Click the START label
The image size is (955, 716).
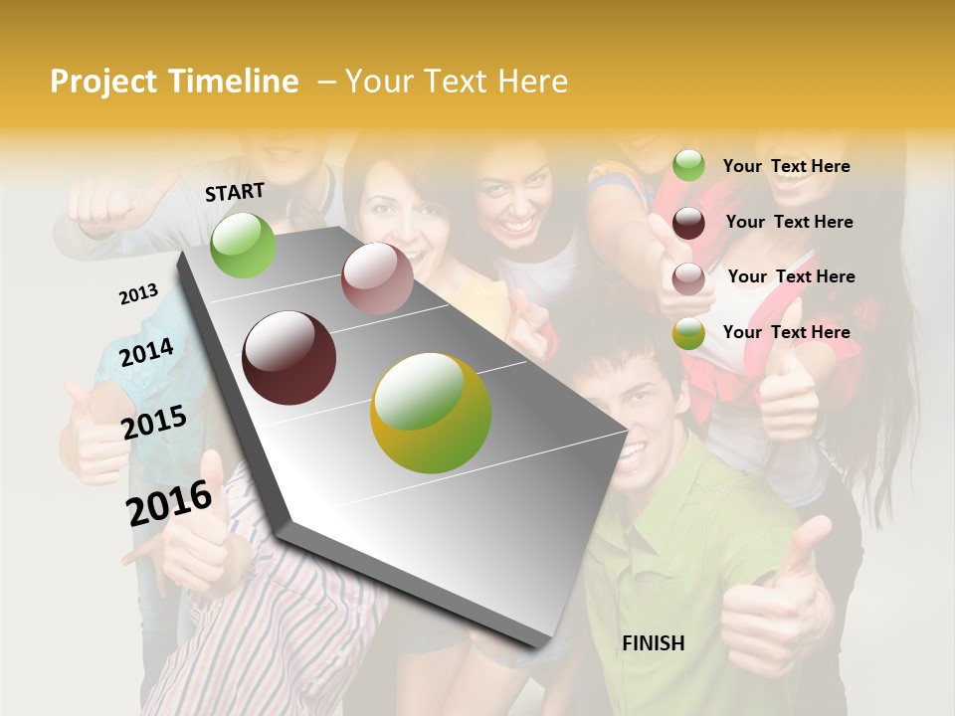pyautogui.click(x=235, y=192)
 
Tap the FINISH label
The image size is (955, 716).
pyautogui.click(x=654, y=643)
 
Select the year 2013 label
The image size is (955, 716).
pyautogui.click(x=139, y=294)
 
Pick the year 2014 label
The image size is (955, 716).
pyautogui.click(x=147, y=353)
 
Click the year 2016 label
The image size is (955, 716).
pyautogui.click(x=169, y=503)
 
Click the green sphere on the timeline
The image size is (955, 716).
pyautogui.click(x=243, y=245)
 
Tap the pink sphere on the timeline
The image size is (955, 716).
pyautogui.click(x=377, y=278)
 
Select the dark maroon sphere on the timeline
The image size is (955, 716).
pyautogui.click(x=289, y=358)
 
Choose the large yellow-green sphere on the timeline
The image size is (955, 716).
pyautogui.click(x=431, y=413)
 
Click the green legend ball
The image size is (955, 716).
pyautogui.click(x=688, y=165)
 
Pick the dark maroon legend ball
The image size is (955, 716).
pyautogui.click(x=688, y=223)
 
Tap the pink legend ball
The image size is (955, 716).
pyautogui.click(x=688, y=278)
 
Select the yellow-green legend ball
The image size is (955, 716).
pyautogui.click(x=688, y=334)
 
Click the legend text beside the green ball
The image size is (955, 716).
pyautogui.click(x=786, y=166)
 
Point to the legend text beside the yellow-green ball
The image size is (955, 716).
pyautogui.click(x=786, y=332)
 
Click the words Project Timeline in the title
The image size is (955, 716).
pyautogui.click(x=174, y=82)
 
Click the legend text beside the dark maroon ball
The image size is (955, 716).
pyautogui.click(x=789, y=222)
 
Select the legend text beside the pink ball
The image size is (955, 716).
pyautogui.click(x=791, y=276)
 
